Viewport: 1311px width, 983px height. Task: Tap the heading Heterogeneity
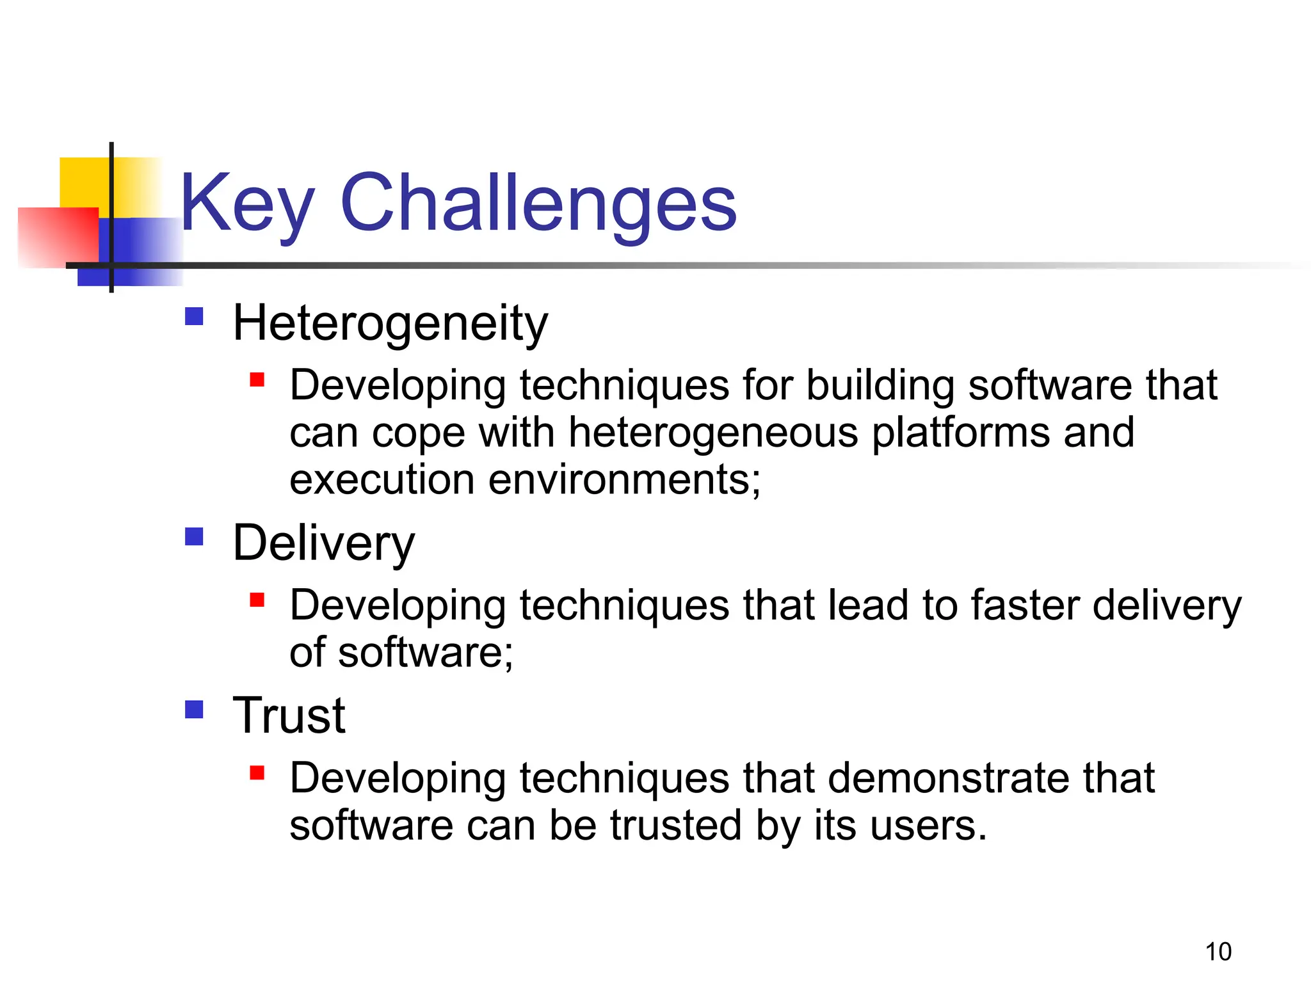coord(390,323)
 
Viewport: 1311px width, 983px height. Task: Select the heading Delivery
coord(323,543)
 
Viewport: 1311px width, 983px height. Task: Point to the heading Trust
coord(289,715)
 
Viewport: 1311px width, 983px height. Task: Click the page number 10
coord(1218,952)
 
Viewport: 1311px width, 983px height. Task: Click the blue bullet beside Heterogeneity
coord(194,317)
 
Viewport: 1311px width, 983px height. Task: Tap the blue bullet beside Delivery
coord(194,536)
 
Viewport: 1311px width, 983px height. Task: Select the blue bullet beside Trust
coord(194,709)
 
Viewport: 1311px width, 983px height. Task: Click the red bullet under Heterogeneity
coord(257,380)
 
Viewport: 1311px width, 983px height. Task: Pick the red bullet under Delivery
coord(257,600)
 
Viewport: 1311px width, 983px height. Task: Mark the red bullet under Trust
coord(257,772)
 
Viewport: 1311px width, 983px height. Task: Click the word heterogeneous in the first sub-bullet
coord(713,433)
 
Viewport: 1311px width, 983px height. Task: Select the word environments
coord(624,480)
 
